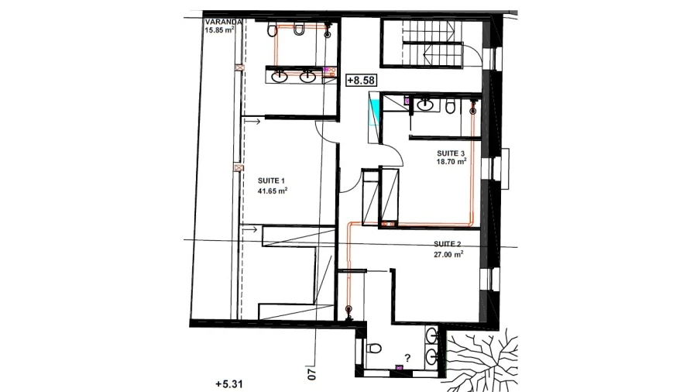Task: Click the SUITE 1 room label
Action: pyautogui.click(x=271, y=181)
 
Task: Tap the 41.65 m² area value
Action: pyautogui.click(x=272, y=191)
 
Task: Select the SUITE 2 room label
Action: pyautogui.click(x=447, y=244)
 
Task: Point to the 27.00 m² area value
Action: pyautogui.click(x=448, y=254)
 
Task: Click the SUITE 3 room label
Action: pyautogui.click(x=451, y=153)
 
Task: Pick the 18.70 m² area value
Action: pyautogui.click(x=452, y=162)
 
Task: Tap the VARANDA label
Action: pyautogui.click(x=224, y=22)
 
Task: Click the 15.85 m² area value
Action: pyautogui.click(x=220, y=30)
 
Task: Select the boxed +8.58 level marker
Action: pyautogui.click(x=362, y=81)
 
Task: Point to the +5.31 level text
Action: pyautogui.click(x=229, y=384)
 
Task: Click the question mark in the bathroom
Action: pyautogui.click(x=407, y=358)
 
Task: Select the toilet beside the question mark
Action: pyautogui.click(x=373, y=348)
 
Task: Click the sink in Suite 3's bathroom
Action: pyautogui.click(x=425, y=105)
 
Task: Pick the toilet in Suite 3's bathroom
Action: pyautogui.click(x=450, y=107)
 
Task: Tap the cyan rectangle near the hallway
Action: pyautogui.click(x=375, y=112)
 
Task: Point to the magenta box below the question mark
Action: pyautogui.click(x=399, y=367)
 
